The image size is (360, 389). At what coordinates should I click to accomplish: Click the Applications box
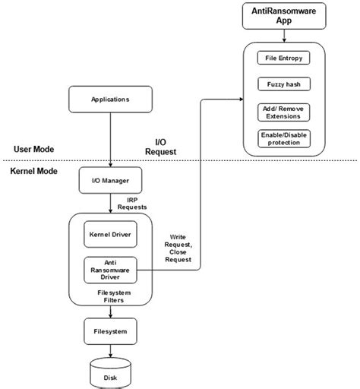pyautogui.click(x=111, y=99)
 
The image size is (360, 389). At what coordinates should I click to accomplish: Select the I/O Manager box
pyautogui.click(x=111, y=180)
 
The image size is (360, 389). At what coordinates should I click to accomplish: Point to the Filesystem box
pyautogui.click(x=111, y=332)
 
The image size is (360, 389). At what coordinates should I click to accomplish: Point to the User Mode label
pyautogui.click(x=33, y=148)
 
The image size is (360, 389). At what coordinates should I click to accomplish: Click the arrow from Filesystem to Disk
pyautogui.click(x=111, y=351)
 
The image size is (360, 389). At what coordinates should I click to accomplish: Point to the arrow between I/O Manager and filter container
pyautogui.click(x=111, y=204)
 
